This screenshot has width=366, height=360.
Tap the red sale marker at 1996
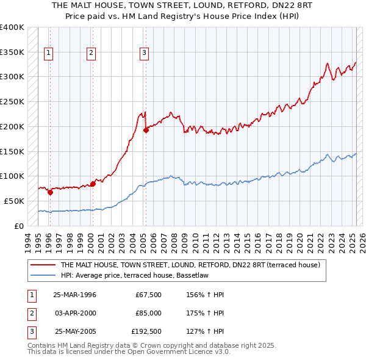tap(50, 192)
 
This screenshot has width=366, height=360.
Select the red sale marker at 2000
tap(93, 183)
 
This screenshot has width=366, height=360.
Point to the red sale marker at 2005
tap(146, 129)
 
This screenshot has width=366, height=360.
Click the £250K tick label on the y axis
tap(12, 101)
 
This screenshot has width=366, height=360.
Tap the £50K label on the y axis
tap(14, 201)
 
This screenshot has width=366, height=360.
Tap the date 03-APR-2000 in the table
tap(73, 313)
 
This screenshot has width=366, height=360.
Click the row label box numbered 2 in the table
tap(31, 313)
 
